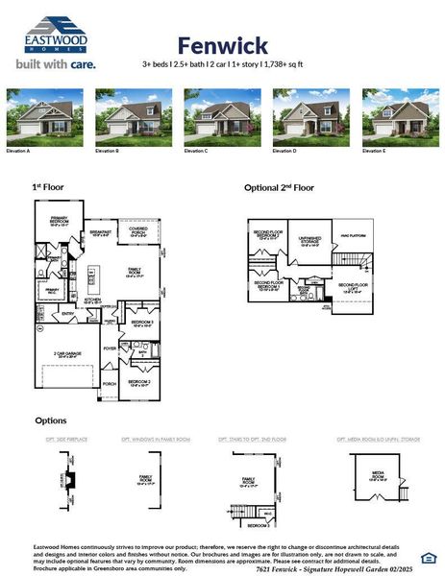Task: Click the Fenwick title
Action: coord(222,44)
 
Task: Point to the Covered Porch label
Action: coord(138,230)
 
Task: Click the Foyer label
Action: coord(110,348)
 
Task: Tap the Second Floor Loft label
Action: coord(352,286)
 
